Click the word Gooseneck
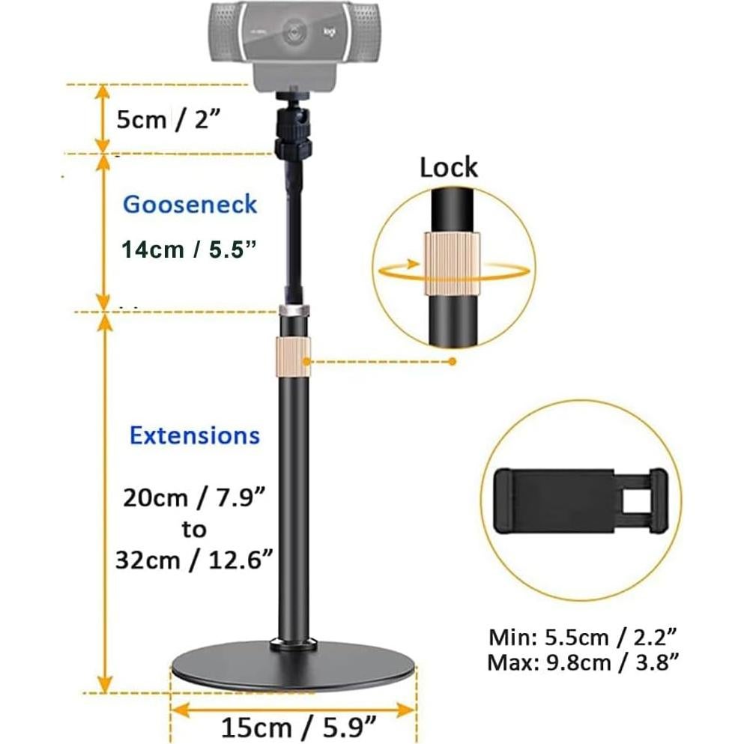(190, 205)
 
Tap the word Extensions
(195, 435)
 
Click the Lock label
(448, 166)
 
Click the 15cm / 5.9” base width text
(298, 726)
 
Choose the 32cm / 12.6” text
(194, 560)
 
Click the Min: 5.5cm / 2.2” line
(584, 638)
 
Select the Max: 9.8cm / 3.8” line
(584, 662)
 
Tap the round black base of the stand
(294, 671)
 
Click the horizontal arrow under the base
(293, 707)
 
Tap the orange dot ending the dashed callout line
(452, 362)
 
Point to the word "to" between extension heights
(193, 530)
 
